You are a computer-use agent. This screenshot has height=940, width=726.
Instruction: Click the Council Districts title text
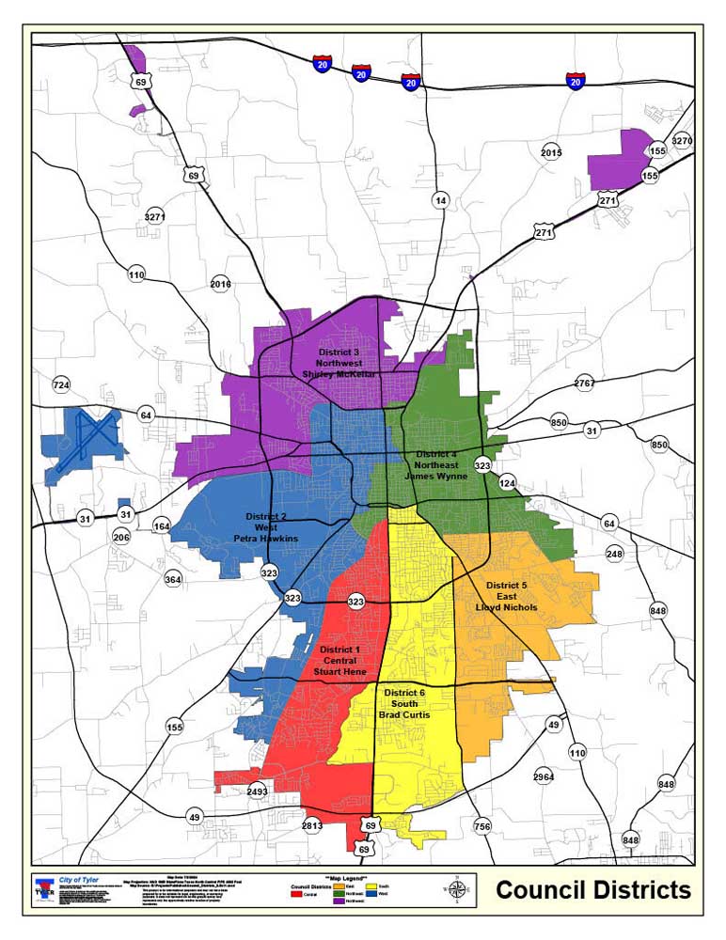[593, 890]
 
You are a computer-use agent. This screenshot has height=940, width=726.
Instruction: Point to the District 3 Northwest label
[339, 362]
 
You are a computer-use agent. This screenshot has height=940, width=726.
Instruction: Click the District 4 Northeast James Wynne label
[435, 464]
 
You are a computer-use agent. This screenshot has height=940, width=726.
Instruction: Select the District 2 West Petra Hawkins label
[266, 527]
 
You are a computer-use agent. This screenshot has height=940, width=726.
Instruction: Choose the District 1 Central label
[339, 661]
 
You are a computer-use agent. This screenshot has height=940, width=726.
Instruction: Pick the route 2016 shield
[221, 283]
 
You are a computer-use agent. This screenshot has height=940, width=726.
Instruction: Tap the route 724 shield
[61, 385]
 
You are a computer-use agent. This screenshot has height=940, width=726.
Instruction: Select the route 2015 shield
[551, 152]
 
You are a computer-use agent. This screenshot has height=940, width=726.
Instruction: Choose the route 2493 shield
[257, 791]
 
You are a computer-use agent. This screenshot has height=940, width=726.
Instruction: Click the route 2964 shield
[544, 776]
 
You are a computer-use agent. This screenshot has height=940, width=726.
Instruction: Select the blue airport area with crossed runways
[82, 445]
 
